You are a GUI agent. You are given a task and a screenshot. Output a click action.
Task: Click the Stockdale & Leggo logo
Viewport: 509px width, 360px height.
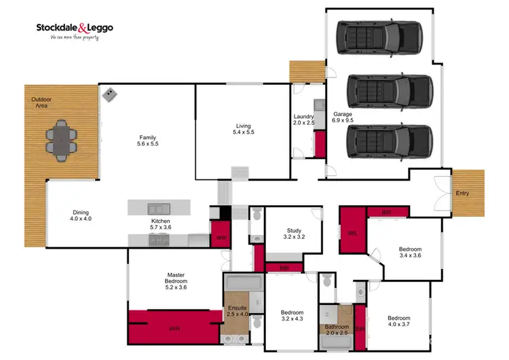coord(75,31)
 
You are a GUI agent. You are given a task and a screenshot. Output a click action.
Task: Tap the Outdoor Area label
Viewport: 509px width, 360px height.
coord(41,103)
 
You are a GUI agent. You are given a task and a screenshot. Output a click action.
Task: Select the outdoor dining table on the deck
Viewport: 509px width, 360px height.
coord(62,141)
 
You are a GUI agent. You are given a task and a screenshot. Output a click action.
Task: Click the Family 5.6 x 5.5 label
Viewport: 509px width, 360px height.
coord(148,141)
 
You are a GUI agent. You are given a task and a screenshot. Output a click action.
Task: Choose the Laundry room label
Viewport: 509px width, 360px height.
coord(303,120)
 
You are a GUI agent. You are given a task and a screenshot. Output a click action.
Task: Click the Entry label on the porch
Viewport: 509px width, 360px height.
coord(462,194)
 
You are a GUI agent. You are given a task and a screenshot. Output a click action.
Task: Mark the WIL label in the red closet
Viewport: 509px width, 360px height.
coord(352,233)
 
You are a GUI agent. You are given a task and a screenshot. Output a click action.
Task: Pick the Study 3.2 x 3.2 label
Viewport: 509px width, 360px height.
coord(294,235)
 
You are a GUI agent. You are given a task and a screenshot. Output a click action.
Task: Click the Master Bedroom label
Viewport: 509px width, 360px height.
coord(176,281)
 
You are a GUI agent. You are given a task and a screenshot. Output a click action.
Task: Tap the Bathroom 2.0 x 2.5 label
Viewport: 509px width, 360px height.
coord(336,329)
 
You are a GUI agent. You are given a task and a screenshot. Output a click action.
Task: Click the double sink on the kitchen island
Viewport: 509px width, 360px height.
coord(155,209)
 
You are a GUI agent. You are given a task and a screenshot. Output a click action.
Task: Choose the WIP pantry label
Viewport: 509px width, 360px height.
coord(221,238)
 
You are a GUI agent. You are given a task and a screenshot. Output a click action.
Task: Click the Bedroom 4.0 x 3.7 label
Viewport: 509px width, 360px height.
coord(399,322)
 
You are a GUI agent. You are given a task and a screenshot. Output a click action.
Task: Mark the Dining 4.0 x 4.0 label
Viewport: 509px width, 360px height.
coord(80,215)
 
